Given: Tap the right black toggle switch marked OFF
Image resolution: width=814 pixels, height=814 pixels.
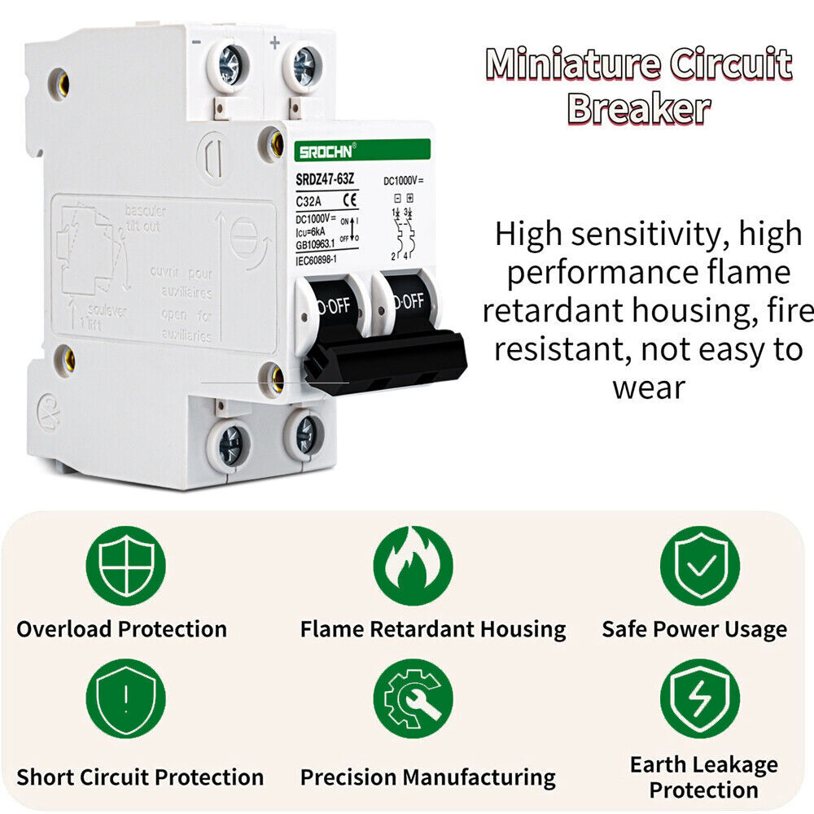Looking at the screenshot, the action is [404, 302].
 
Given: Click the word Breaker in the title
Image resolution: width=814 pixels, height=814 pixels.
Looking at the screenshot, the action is [638, 108].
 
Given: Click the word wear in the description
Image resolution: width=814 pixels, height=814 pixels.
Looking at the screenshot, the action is [649, 387].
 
